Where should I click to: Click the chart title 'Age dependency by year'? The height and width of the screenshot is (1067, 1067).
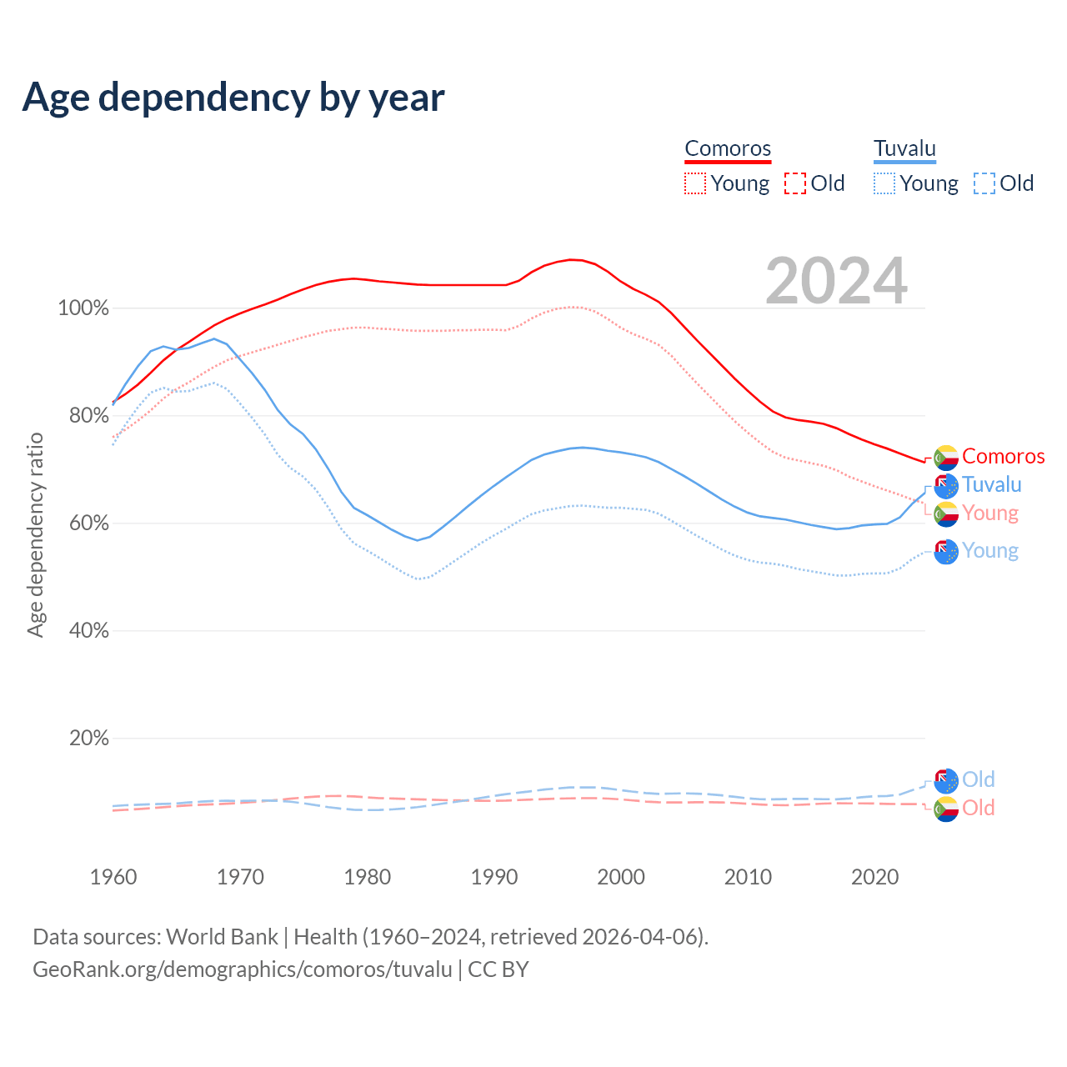tap(233, 98)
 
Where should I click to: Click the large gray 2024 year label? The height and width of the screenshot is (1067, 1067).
tap(836, 282)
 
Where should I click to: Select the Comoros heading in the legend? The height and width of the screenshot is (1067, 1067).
tap(728, 148)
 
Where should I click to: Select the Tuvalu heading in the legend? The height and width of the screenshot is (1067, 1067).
tap(904, 148)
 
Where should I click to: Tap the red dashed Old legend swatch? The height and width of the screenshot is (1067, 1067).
tap(795, 183)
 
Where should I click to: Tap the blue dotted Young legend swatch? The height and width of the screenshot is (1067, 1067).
tap(884, 183)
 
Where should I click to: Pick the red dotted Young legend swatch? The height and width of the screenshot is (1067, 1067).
tap(695, 183)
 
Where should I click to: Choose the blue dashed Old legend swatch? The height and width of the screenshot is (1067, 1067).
tap(984, 183)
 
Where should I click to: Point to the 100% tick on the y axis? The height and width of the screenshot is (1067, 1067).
tap(83, 308)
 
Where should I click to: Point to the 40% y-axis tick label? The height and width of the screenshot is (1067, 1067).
tap(88, 631)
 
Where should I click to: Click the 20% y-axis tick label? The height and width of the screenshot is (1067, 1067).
tap(88, 739)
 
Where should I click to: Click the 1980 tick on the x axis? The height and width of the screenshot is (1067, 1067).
tap(368, 877)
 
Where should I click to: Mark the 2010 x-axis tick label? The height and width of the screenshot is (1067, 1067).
tap(748, 877)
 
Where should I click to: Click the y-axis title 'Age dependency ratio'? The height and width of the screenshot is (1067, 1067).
tap(35, 534)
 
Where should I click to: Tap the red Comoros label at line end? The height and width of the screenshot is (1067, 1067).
tap(1003, 456)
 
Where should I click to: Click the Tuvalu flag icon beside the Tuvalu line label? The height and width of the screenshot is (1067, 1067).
tap(946, 485)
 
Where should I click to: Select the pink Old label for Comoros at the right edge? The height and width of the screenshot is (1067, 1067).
tap(978, 808)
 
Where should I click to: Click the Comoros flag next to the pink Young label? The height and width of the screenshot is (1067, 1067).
tap(946, 513)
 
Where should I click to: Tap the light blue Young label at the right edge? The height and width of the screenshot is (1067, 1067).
tap(990, 550)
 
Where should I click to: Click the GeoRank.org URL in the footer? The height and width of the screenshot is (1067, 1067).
tap(242, 969)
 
